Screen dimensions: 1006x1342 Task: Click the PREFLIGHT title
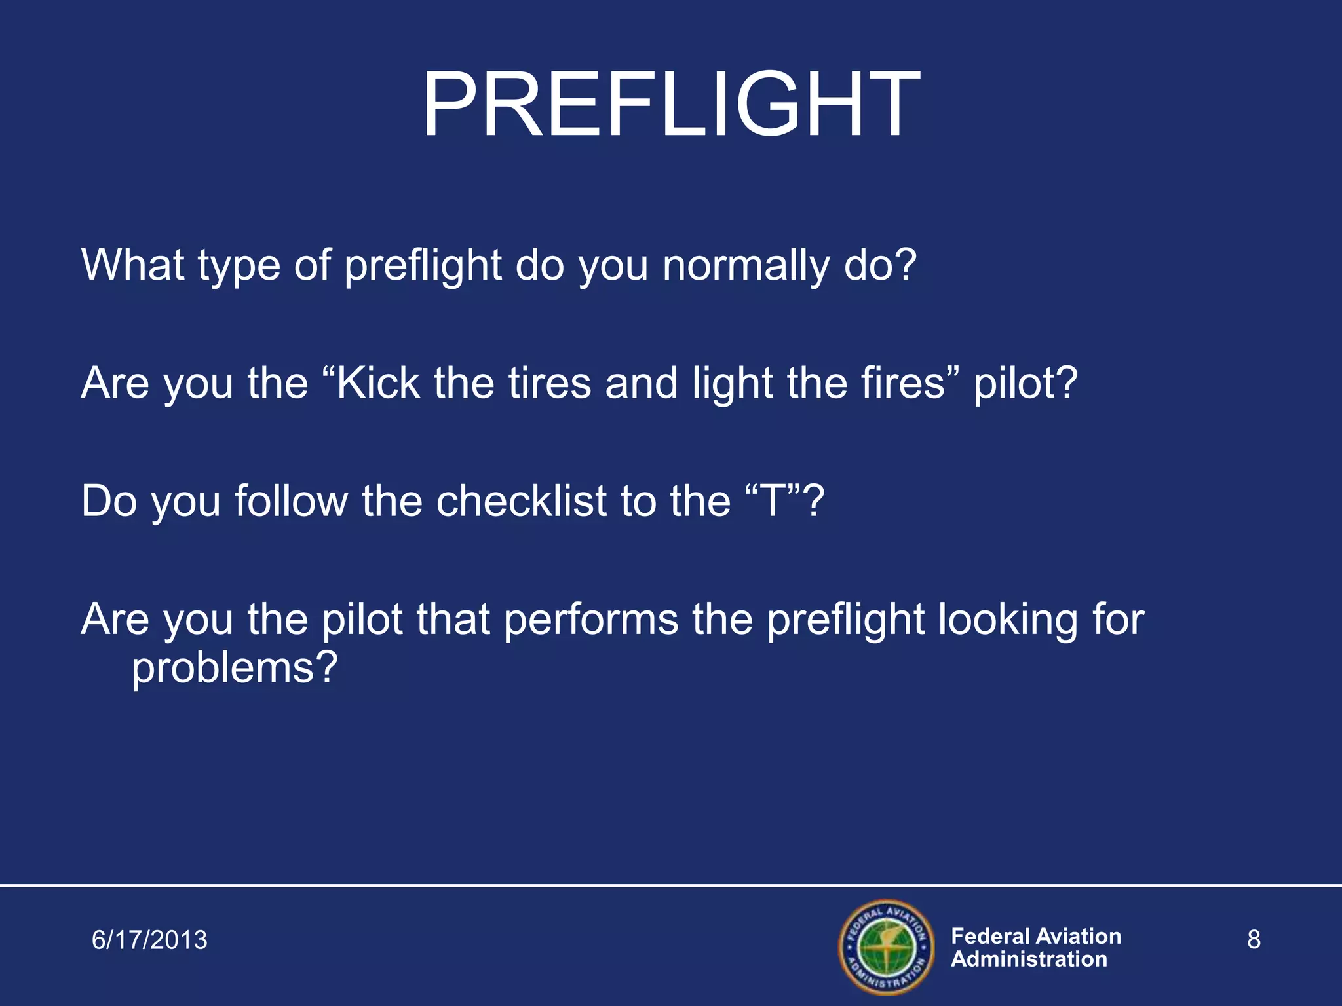click(x=670, y=106)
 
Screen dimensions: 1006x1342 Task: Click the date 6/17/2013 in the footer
click(x=149, y=940)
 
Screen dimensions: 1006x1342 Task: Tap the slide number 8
click(x=1253, y=940)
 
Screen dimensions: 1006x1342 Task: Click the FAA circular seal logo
click(x=886, y=947)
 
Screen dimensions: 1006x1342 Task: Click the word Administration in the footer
click(x=1029, y=959)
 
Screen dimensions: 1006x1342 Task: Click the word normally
click(x=745, y=267)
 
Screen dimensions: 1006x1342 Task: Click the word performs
click(x=591, y=620)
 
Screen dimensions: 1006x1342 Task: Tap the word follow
click(x=292, y=501)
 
